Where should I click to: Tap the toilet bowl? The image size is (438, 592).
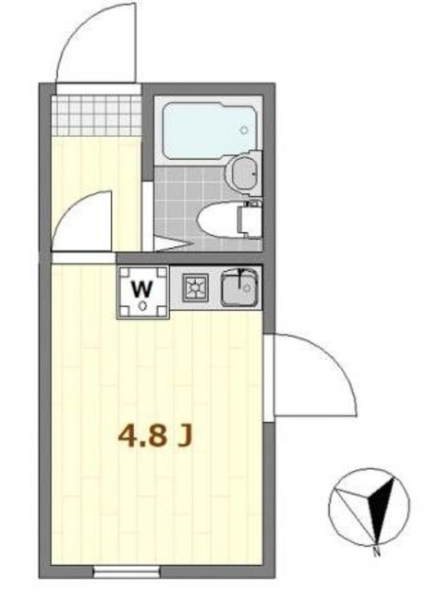pos(219,219)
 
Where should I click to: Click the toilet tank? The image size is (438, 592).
pos(251,219)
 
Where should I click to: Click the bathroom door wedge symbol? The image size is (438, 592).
pos(166,244)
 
